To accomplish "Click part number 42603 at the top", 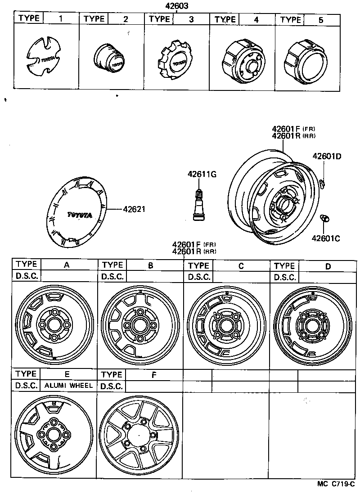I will [176, 6].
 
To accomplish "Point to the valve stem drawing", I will [197, 205].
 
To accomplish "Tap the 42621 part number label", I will [134, 209].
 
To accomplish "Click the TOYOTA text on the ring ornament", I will [80, 215].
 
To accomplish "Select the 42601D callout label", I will [327, 157].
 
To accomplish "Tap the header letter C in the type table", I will [241, 266].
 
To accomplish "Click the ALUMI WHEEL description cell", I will [68, 386].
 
